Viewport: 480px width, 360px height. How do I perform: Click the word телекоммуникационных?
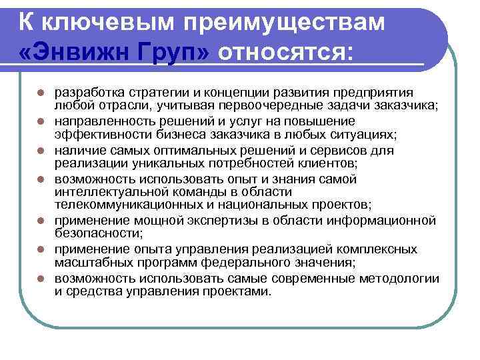[x=124, y=204]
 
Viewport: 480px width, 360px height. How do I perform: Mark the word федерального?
[x=257, y=263]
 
